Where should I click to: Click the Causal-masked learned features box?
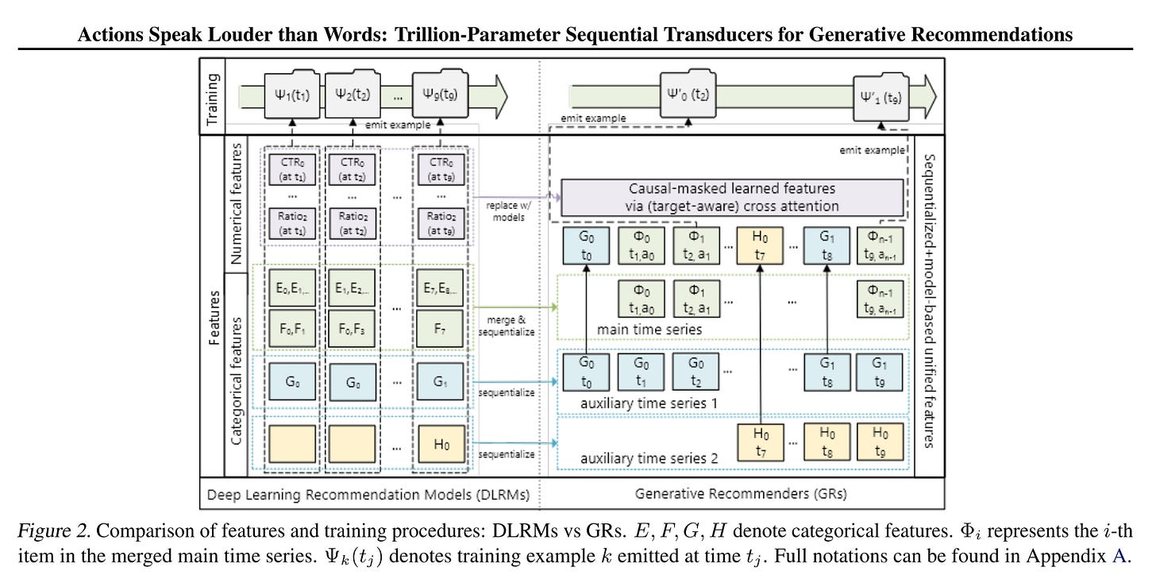(x=732, y=198)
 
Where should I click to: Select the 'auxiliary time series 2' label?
(x=649, y=458)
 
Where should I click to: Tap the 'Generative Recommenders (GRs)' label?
(x=740, y=493)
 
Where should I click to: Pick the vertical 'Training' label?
(x=212, y=96)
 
